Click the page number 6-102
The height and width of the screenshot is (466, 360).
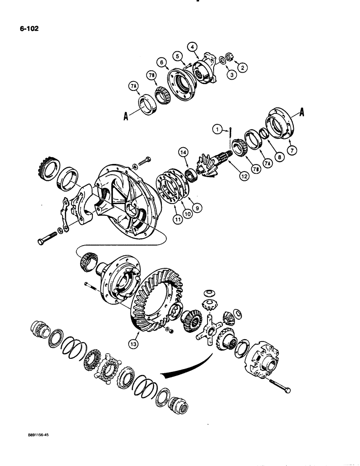29,28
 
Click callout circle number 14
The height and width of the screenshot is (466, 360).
182,152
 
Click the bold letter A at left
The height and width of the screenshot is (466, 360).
125,118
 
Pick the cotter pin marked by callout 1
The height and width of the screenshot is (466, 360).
231,131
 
